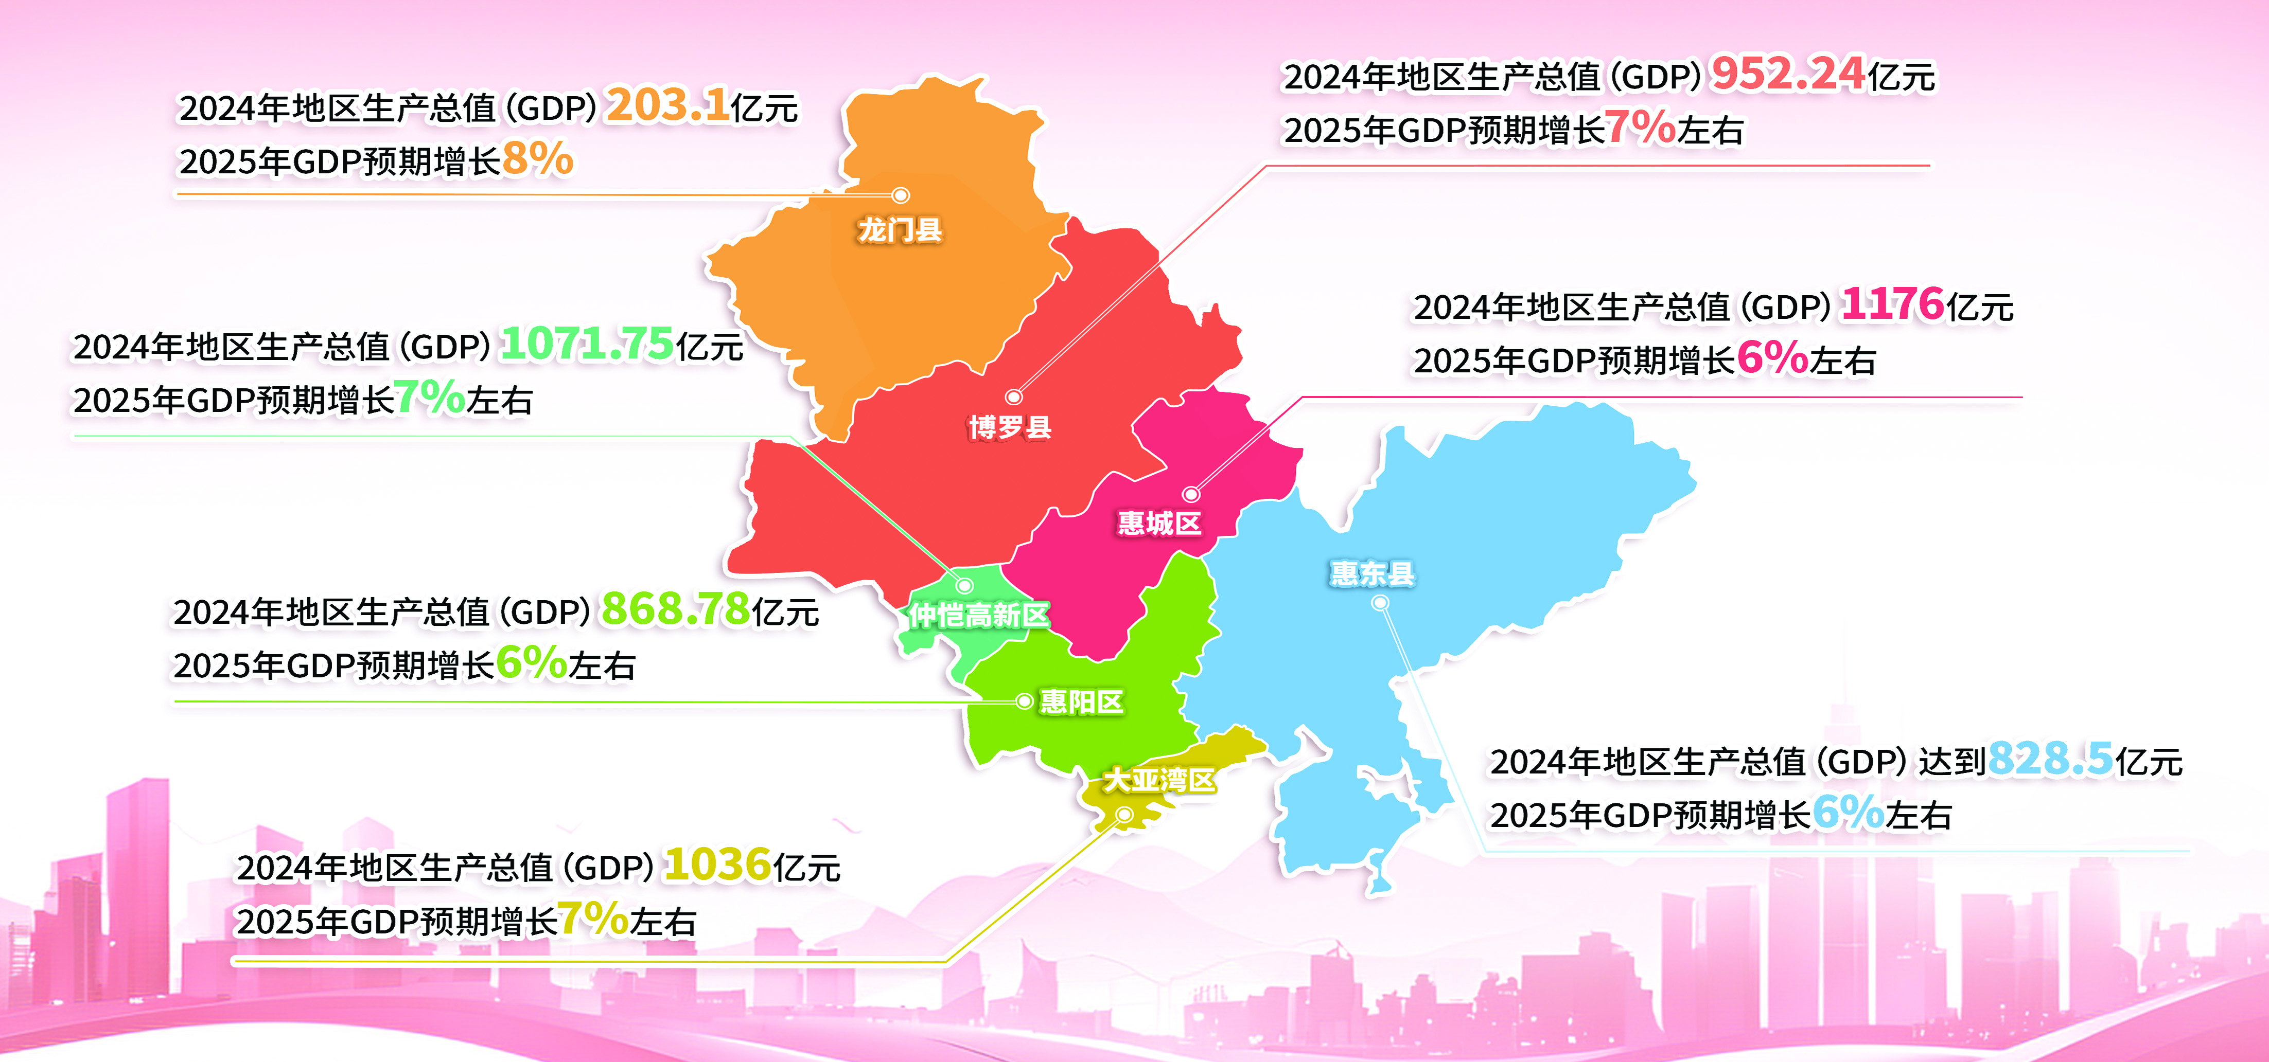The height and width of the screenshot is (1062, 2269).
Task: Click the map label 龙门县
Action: pyautogui.click(x=900, y=231)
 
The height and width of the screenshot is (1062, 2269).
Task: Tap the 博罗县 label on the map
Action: pyautogui.click(x=1010, y=428)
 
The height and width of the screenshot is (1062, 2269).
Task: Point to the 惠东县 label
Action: pyautogui.click(x=1371, y=574)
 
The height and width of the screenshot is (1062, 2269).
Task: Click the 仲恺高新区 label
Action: pyautogui.click(x=979, y=615)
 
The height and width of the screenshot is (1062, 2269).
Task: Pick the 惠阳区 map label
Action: pyautogui.click(x=1082, y=702)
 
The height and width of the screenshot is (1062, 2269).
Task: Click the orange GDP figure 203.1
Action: pyautogui.click(x=667, y=105)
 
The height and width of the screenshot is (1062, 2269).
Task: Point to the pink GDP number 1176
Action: pyautogui.click(x=1892, y=304)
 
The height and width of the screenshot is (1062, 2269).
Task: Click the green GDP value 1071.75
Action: pyautogui.click(x=587, y=344)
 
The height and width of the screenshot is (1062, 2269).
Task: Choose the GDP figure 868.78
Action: pyautogui.click(x=675, y=609)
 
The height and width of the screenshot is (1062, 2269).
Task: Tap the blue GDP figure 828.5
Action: pyautogui.click(x=2050, y=759)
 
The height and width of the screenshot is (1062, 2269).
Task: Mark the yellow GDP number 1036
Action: pyautogui.click(x=718, y=865)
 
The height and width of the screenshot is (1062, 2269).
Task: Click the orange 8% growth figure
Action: pyautogui.click(x=537, y=159)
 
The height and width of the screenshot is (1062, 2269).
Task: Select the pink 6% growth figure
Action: pyautogui.click(x=1772, y=358)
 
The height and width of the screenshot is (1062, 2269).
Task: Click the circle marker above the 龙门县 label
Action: pyautogui.click(x=900, y=195)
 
